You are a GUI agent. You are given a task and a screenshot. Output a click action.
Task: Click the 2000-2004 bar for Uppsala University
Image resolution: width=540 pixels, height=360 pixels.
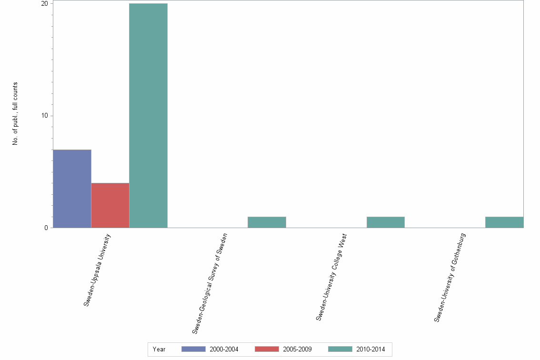coord(72,189)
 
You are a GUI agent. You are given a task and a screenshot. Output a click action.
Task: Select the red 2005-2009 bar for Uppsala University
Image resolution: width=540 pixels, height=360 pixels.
coord(110,205)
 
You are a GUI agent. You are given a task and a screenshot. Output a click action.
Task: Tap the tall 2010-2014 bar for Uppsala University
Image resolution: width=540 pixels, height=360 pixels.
coord(148,116)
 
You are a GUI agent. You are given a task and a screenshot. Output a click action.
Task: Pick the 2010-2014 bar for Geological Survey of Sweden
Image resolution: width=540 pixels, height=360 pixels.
coord(267,222)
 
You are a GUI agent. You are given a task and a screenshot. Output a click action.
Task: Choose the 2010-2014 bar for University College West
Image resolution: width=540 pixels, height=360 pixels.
coord(385,222)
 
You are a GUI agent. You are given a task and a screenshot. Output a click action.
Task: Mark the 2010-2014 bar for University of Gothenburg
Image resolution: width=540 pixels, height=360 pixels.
coord(504,222)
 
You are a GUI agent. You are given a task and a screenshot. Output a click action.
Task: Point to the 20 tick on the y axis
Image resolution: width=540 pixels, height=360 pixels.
coord(45,4)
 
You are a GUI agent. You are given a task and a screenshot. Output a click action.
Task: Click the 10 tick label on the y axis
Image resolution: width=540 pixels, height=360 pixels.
coord(45,116)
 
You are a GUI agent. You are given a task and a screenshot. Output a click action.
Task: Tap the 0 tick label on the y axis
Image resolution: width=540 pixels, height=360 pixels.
coord(47,228)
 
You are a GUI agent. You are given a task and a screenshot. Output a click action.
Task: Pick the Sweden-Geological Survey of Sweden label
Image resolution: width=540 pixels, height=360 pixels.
coord(210,283)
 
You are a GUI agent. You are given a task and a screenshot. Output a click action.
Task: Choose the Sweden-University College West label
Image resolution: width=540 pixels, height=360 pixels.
coord(331,277)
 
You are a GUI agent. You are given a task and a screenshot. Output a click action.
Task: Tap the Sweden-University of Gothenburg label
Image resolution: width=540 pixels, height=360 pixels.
coord(450,278)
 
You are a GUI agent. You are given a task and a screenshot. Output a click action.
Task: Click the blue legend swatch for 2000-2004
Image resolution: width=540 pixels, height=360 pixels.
coord(193,350)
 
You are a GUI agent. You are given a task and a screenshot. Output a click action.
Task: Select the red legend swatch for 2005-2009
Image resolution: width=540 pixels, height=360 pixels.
coord(267,350)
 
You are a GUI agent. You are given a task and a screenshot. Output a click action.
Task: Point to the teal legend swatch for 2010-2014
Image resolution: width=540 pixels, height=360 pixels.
coord(340,350)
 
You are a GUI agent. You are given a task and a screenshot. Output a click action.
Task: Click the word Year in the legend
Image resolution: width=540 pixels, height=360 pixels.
coord(159,350)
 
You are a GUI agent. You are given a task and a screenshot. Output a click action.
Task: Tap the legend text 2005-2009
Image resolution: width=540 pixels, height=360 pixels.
coord(297,350)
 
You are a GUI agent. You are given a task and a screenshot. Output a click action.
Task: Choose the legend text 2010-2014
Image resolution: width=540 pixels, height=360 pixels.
coord(370,350)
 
